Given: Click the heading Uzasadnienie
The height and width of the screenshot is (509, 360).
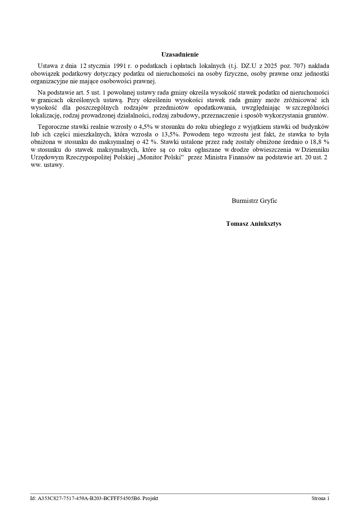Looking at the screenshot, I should (180, 54).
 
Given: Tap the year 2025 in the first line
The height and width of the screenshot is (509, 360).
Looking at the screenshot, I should (270, 66).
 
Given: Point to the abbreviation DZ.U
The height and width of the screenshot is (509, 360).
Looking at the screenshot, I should (249, 66).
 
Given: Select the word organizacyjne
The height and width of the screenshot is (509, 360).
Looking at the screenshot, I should (49, 81).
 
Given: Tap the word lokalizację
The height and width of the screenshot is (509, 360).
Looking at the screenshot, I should (45, 115).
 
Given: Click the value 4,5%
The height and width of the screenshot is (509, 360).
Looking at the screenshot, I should (146, 127).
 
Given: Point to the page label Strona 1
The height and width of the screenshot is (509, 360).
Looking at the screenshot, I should (320, 499).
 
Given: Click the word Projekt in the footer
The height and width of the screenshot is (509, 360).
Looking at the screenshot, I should (150, 499).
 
